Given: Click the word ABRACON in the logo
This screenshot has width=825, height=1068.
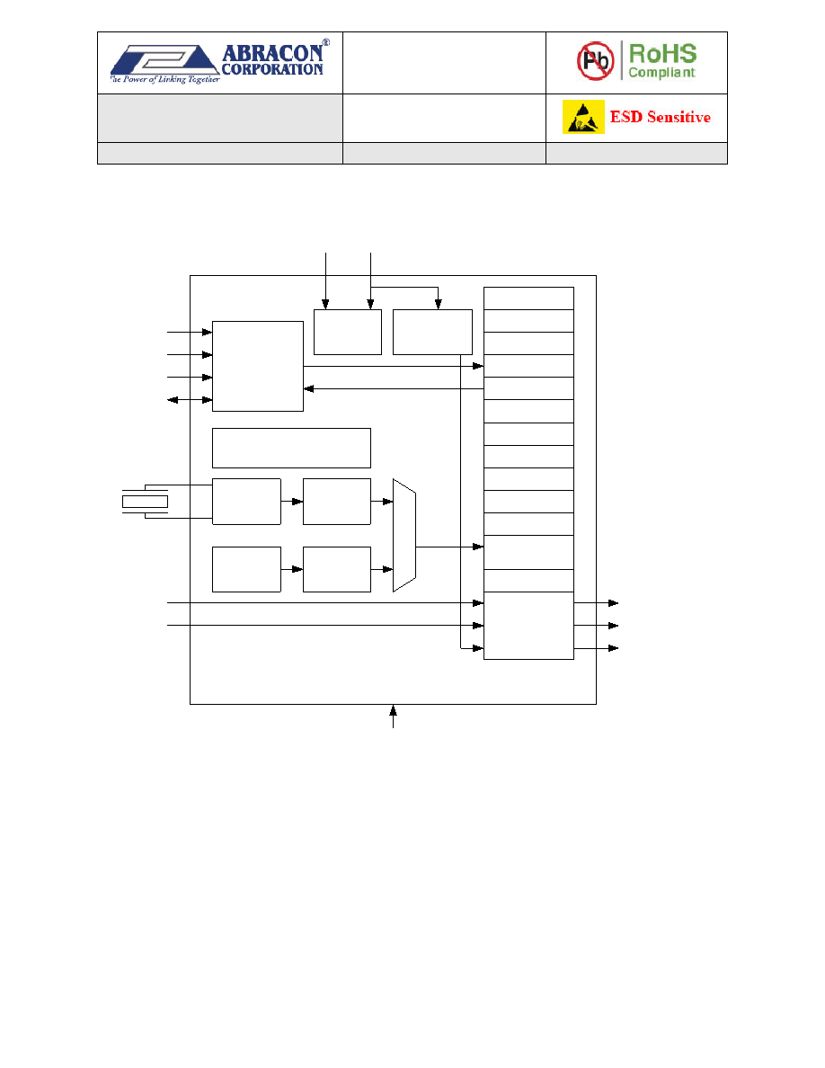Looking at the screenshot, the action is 272,52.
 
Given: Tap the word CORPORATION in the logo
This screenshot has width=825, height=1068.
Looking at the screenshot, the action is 272,69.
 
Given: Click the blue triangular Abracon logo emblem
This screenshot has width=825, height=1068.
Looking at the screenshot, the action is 164,60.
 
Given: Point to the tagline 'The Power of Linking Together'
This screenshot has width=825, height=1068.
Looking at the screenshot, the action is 164,80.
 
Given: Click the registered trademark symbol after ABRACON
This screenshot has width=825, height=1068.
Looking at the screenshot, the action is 326,42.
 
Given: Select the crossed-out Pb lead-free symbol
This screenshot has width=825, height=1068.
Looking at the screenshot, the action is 596,60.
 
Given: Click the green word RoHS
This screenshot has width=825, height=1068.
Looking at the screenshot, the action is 662,53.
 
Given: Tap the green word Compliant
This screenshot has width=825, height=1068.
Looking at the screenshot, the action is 661,72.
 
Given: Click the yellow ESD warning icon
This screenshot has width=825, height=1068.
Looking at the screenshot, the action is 583,117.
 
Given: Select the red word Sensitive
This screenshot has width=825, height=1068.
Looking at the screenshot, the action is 679,117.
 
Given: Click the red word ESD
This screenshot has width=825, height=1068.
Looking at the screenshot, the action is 626,117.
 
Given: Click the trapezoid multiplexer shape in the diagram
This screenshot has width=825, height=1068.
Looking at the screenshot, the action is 404,536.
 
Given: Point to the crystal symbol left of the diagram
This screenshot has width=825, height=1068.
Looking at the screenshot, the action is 145,502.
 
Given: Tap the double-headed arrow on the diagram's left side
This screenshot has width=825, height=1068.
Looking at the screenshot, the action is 190,400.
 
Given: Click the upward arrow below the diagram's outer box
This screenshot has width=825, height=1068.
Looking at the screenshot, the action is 393,716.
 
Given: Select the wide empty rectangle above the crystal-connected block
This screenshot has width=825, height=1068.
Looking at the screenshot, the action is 291,449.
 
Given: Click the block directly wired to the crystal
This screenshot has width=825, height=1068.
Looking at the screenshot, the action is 246,502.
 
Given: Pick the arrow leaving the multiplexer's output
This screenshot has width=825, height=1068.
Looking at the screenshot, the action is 450,547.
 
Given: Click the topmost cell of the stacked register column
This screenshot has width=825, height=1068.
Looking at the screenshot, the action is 529,298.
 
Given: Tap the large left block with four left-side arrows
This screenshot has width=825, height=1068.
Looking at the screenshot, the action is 258,367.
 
